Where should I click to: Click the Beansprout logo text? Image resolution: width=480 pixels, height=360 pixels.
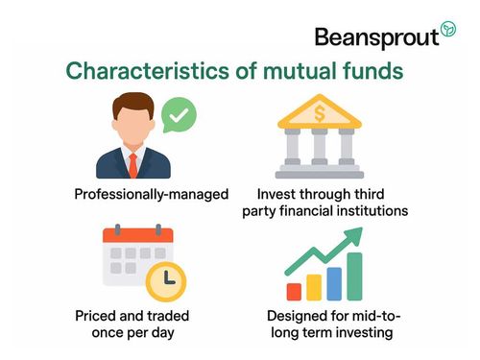pos(375,36)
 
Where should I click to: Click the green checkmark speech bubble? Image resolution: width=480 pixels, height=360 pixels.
pos(179,117)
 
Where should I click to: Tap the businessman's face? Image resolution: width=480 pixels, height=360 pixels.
pos(132,127)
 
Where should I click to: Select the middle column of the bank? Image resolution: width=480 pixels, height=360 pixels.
pos(320,148)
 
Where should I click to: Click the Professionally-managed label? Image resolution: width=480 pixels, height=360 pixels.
pos(152,195)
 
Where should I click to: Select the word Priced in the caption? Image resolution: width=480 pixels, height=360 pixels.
pos(97,315)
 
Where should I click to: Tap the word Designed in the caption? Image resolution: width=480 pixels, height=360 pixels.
pos(299,315)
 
